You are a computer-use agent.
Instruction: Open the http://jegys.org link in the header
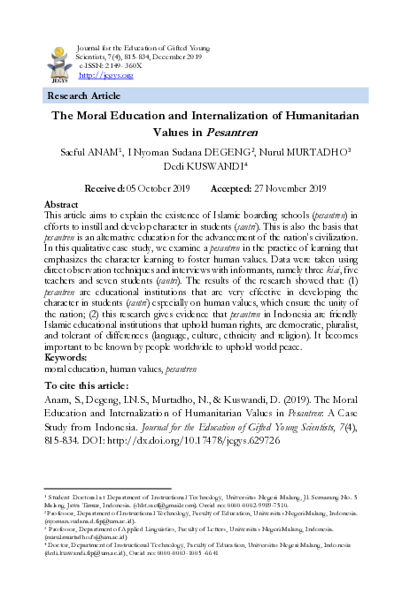point(106,76)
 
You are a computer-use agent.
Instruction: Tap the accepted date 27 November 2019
point(285,188)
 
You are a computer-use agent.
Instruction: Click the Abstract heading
point(61,204)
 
